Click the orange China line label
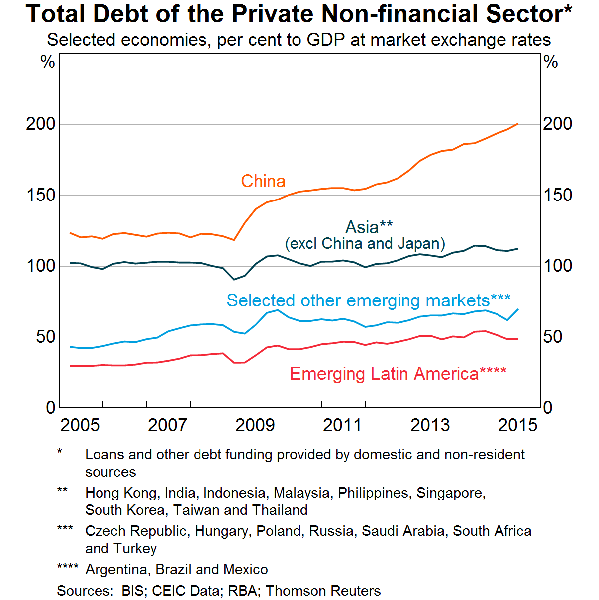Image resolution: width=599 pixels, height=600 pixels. (x=263, y=181)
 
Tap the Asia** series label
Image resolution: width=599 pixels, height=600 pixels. (x=369, y=227)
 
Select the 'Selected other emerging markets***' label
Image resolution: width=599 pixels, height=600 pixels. (x=368, y=300)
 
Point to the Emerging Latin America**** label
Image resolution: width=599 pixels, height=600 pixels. (x=398, y=374)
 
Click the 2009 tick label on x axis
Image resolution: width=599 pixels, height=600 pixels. (x=255, y=425)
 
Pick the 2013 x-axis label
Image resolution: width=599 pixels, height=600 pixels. (x=430, y=425)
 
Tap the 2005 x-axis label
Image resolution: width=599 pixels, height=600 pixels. (x=80, y=425)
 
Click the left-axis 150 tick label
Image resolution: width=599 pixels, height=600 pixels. (x=41, y=195)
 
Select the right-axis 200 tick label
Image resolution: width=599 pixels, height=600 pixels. (x=557, y=124)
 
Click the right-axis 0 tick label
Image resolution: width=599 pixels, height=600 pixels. (x=548, y=408)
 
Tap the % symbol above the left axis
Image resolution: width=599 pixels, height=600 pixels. (x=48, y=62)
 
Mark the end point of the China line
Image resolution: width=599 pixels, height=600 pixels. (x=518, y=124)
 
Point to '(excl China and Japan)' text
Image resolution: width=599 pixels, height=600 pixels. (x=365, y=244)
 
